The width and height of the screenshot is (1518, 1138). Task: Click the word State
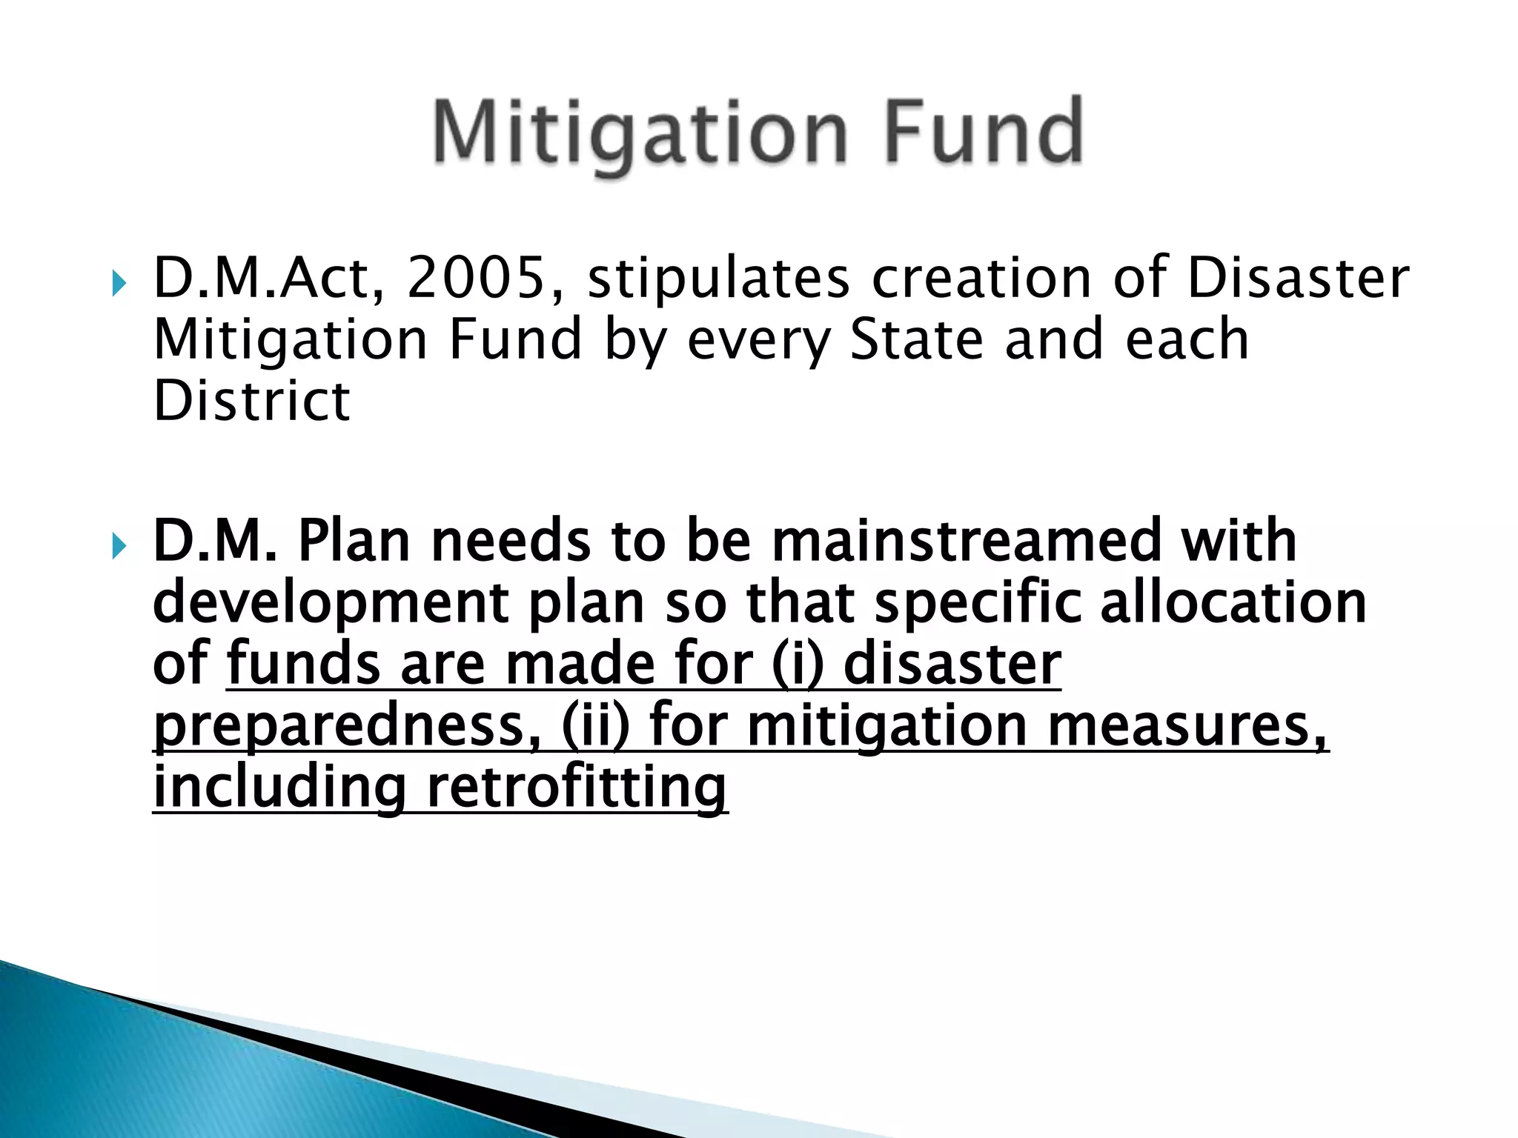pos(916,339)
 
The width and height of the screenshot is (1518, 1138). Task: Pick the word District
pos(251,401)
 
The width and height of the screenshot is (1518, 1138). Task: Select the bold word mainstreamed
pos(965,541)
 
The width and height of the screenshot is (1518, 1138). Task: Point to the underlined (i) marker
pos(797,664)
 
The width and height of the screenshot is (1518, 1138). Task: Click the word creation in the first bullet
pos(981,278)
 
